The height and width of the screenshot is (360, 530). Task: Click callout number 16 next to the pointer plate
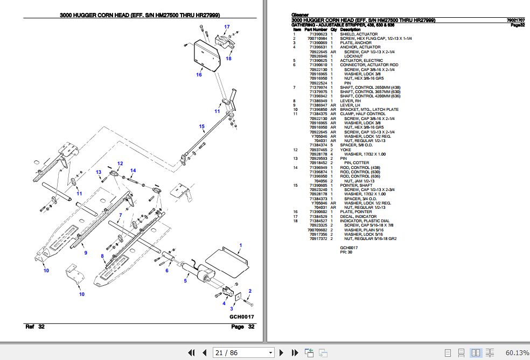click(x=199, y=75)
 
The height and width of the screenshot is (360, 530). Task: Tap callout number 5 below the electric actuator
click(x=185, y=281)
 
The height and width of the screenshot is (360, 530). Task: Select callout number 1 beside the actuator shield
click(x=240, y=245)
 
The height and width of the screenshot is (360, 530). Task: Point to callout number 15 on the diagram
click(x=202, y=127)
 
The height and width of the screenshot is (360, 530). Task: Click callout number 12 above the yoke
click(x=120, y=163)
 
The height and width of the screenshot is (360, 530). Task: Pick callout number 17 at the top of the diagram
click(x=227, y=27)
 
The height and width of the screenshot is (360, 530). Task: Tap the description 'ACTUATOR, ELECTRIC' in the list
click(x=361, y=61)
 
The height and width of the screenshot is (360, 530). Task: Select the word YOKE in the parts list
click(x=345, y=150)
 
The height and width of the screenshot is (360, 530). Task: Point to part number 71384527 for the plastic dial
click(x=317, y=221)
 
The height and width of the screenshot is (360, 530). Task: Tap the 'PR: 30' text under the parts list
click(x=346, y=252)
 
